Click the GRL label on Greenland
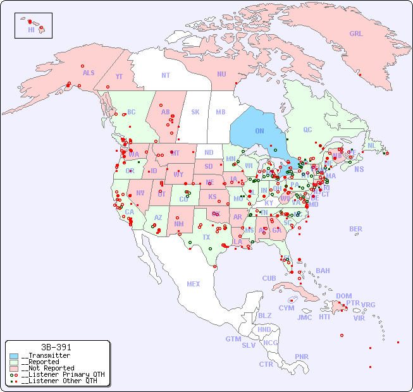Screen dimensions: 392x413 356,34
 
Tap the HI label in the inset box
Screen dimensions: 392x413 31,30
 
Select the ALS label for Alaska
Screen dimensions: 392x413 89,73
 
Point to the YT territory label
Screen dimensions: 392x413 119,76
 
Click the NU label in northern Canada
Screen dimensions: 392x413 221,74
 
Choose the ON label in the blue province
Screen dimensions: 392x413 259,131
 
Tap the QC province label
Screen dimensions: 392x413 307,130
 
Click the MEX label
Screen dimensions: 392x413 194,284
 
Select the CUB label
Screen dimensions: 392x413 269,278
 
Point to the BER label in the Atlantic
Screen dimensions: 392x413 356,229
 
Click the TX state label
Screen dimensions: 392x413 206,237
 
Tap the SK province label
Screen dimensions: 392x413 195,112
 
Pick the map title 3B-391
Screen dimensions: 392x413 56,347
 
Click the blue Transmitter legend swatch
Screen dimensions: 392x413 14,356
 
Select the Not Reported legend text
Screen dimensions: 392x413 47,368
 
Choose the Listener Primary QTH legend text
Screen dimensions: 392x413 59,374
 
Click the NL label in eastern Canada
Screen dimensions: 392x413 372,145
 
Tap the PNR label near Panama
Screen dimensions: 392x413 302,357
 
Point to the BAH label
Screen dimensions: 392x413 323,271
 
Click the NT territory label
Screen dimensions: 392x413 166,75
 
